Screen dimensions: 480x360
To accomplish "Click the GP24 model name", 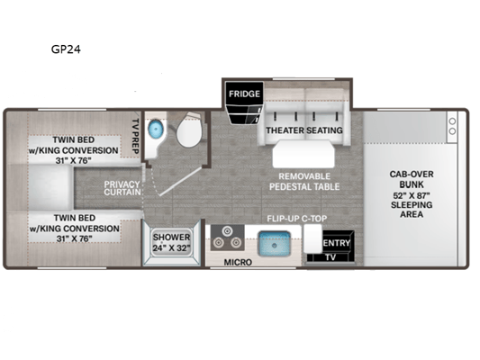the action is (x=66, y=49).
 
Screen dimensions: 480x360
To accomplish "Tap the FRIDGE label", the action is (x=244, y=94).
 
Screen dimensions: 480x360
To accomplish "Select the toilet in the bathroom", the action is (x=189, y=130).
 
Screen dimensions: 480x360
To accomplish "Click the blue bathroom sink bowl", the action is (x=155, y=129).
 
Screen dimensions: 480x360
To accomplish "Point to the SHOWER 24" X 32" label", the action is (x=171, y=242).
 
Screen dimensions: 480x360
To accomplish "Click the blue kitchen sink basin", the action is (x=274, y=244).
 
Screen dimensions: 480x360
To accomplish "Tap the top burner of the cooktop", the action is (x=227, y=231).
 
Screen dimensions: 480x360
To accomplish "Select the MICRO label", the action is (x=238, y=262).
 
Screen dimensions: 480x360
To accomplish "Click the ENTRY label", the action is (x=337, y=243).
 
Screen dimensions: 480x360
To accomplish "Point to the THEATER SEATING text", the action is (x=304, y=130).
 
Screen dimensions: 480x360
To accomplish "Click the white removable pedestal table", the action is (x=303, y=154).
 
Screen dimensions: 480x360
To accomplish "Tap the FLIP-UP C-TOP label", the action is (x=297, y=219).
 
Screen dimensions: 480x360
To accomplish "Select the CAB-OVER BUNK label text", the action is (x=412, y=179).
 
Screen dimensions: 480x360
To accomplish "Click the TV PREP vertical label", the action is (x=136, y=136).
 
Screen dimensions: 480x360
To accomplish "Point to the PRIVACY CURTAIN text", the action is (x=122, y=188).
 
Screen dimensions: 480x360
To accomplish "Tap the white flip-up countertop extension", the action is (x=312, y=238).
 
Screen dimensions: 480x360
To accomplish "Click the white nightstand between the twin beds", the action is (x=50, y=187).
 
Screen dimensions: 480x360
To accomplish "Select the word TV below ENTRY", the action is (x=331, y=257).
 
